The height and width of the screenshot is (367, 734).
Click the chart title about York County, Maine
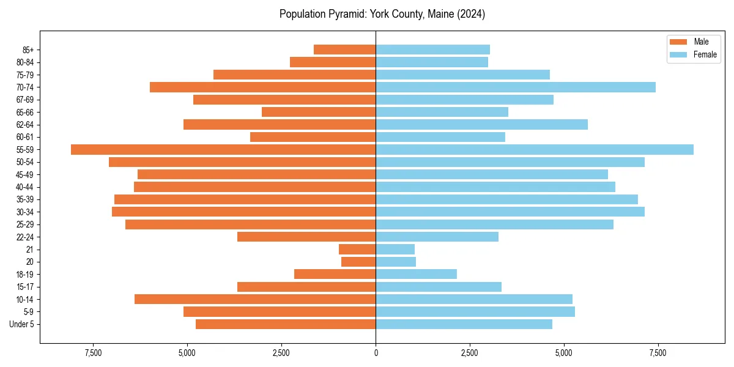pyautogui.click(x=382, y=14)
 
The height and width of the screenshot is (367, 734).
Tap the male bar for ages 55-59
pyautogui.click(x=223, y=150)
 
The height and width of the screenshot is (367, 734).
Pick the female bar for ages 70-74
pyautogui.click(x=516, y=87)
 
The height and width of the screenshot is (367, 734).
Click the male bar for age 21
pyautogui.click(x=357, y=250)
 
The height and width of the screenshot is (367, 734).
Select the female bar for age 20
pyautogui.click(x=396, y=262)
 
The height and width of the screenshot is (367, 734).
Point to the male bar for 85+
pyautogui.click(x=344, y=50)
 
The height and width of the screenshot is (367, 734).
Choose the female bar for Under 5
pyautogui.click(x=464, y=324)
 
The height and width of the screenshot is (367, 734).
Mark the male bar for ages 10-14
pyautogui.click(x=255, y=299)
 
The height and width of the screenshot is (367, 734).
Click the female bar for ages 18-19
pyautogui.click(x=416, y=275)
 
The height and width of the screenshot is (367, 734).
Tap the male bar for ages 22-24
pyautogui.click(x=306, y=237)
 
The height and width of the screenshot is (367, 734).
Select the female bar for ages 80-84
pyautogui.click(x=432, y=62)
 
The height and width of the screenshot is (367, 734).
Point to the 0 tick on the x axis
pyautogui.click(x=376, y=354)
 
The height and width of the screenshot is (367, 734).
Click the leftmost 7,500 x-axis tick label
pyautogui.click(x=93, y=354)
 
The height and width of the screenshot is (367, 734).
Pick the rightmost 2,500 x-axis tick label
pyautogui.click(x=470, y=354)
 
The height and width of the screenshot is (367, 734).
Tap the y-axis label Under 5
pyautogui.click(x=22, y=324)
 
